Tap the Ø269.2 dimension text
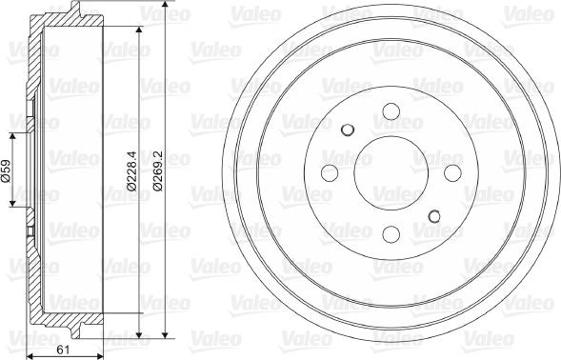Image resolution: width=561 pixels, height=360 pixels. point(157,173)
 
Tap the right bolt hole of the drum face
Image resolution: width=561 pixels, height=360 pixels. point(452,172)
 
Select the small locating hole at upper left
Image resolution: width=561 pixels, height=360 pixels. point(348,129)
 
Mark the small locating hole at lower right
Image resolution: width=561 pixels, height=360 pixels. point(435,216)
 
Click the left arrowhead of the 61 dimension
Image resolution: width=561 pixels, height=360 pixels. point(29,357)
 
